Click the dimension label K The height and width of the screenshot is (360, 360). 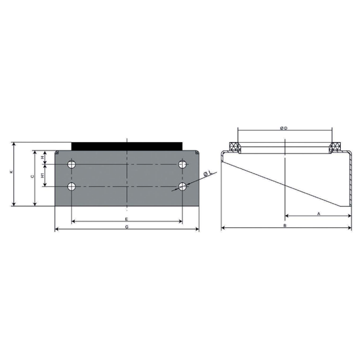tap(11, 172)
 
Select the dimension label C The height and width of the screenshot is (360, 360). tap(32, 176)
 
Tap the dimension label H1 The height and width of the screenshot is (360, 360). tap(43, 176)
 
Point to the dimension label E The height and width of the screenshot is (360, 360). tap(126, 219)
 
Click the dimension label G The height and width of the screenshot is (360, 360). tap(127, 227)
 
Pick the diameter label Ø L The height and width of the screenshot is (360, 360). tap(207, 174)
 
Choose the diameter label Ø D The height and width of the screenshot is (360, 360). tap(284, 129)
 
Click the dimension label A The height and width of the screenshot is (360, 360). tap(319, 213)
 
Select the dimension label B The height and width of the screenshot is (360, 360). tap(285, 226)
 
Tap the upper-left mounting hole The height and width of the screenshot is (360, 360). tap(72, 164)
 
